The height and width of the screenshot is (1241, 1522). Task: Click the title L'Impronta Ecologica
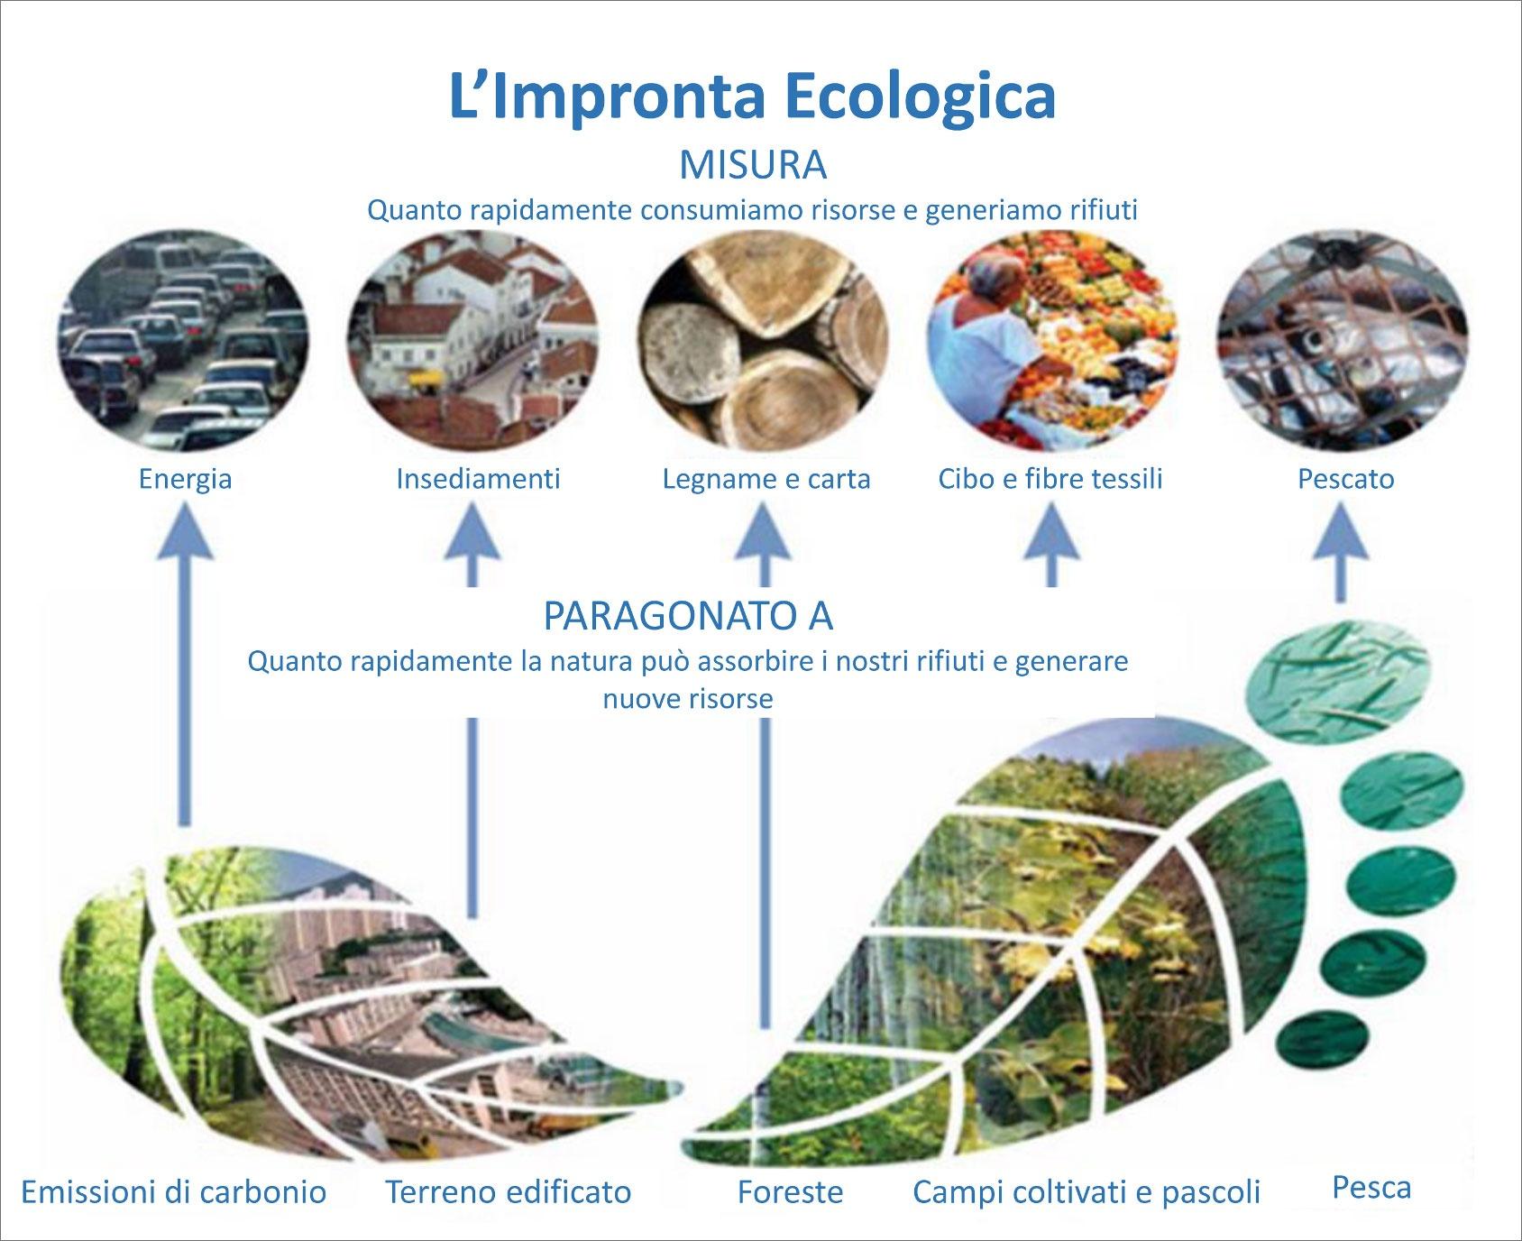coord(752,97)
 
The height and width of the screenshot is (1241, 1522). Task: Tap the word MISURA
coord(753,166)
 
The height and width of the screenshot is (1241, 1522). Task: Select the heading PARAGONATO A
coord(688,616)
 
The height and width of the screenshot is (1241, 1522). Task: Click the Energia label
coord(185,478)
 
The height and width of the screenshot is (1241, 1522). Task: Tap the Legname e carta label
coord(766,478)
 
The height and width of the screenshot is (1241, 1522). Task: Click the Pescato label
coord(1345,478)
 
